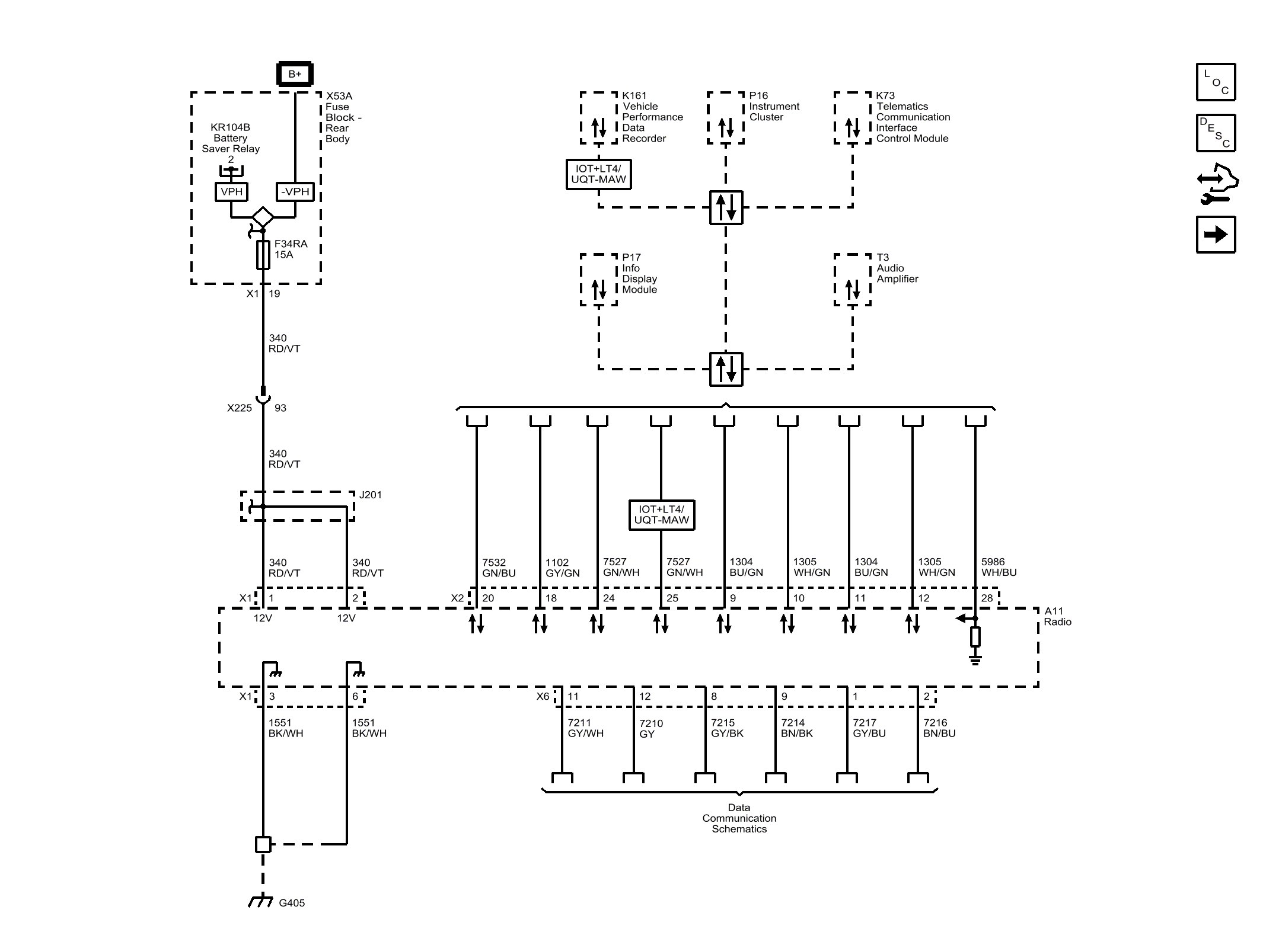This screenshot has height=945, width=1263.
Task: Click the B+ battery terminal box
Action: (x=295, y=74)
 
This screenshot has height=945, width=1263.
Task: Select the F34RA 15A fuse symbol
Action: (x=263, y=255)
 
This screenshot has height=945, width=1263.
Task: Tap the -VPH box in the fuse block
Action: (x=295, y=191)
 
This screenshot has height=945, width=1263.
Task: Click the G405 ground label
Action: (x=291, y=903)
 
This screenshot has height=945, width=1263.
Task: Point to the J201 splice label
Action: (x=370, y=495)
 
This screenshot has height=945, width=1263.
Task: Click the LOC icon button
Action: (x=1216, y=82)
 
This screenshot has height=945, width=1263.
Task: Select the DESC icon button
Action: (x=1216, y=133)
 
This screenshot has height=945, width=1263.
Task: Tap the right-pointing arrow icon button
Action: (x=1216, y=235)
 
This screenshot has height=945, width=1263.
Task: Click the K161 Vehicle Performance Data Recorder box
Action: (x=598, y=118)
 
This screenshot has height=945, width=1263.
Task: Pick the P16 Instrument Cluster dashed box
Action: (x=725, y=118)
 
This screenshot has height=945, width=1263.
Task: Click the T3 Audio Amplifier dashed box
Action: (x=852, y=280)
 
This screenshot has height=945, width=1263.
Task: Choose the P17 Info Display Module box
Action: (x=598, y=280)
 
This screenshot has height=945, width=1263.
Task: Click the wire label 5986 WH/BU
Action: (x=999, y=567)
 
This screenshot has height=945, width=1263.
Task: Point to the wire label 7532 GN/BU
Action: (x=498, y=568)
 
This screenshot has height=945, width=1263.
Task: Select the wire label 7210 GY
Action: (x=650, y=729)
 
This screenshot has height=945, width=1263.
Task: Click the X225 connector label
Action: (x=239, y=408)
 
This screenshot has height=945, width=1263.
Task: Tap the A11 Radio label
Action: (x=1057, y=616)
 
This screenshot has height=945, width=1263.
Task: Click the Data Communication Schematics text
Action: (x=739, y=818)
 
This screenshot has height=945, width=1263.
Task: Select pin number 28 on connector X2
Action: (x=987, y=598)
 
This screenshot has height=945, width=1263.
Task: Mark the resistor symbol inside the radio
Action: (x=975, y=637)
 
